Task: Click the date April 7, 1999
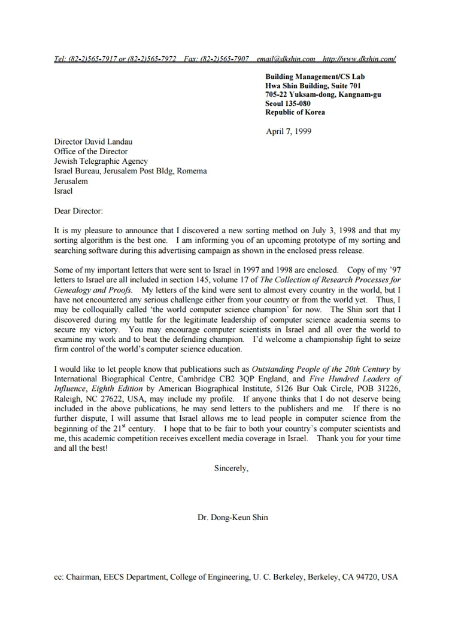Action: [289, 131]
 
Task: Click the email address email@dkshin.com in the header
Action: [286, 59]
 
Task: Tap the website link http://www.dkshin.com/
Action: [359, 59]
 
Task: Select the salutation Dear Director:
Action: [78, 210]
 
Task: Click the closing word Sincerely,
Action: [231, 468]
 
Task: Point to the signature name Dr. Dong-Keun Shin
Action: [233, 517]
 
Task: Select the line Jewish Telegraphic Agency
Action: [101, 161]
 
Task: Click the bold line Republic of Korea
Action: [295, 112]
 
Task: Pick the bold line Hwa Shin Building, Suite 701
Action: [313, 85]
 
